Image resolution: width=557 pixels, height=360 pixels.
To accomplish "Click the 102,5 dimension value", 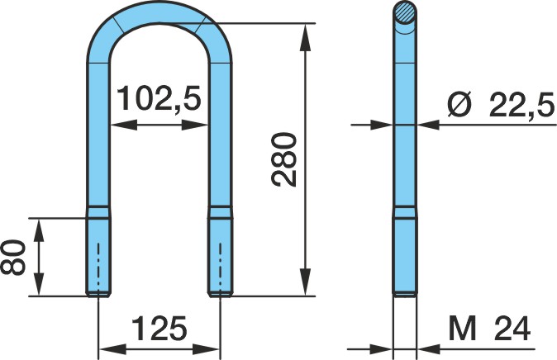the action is (x=159, y=99).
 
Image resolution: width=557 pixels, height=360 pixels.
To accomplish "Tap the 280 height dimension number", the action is (x=283, y=159).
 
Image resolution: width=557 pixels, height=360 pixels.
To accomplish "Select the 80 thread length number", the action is (x=13, y=258).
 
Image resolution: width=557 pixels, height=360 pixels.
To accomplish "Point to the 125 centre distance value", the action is (x=159, y=328).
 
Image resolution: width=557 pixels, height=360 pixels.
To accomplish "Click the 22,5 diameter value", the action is (x=521, y=104).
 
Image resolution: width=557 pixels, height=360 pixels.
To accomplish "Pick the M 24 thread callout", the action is (x=489, y=329).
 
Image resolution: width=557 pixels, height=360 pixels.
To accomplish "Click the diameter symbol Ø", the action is (x=459, y=104).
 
